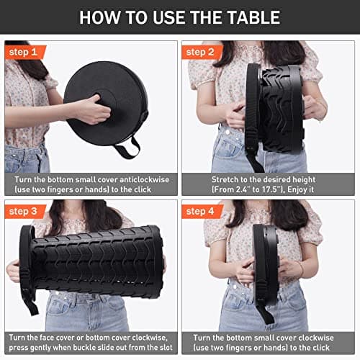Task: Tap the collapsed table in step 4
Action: coord(266,263)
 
